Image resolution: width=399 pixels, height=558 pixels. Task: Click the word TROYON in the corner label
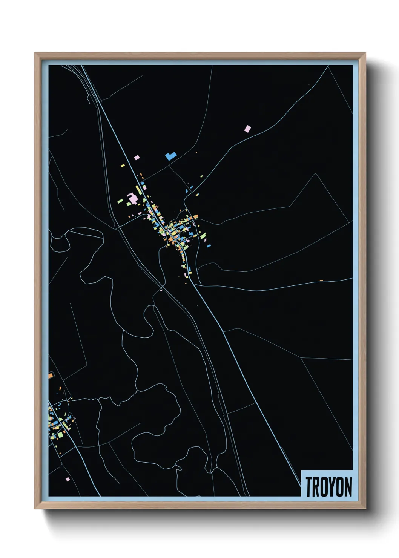(x=328, y=487)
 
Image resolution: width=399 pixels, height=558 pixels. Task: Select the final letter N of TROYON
(x=348, y=487)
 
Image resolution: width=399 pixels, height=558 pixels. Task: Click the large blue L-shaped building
(x=170, y=156)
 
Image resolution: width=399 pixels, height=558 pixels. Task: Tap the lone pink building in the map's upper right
(x=247, y=129)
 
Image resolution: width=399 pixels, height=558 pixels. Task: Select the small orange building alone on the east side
(x=321, y=281)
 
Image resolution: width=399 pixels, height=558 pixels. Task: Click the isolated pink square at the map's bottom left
(x=68, y=479)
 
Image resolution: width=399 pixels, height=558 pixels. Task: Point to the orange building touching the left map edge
(x=51, y=375)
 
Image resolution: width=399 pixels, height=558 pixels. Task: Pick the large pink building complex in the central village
(x=133, y=198)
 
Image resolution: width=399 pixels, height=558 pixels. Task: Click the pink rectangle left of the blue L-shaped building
(x=137, y=157)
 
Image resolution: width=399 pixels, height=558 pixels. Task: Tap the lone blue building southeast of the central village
(x=209, y=245)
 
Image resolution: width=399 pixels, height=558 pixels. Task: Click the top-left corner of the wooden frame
(x=35, y=53)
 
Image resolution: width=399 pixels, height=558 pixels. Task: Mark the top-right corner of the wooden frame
(x=365, y=53)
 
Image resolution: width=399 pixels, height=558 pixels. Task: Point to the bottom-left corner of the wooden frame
(x=35, y=509)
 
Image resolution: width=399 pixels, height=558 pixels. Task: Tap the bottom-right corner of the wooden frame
(x=365, y=509)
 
